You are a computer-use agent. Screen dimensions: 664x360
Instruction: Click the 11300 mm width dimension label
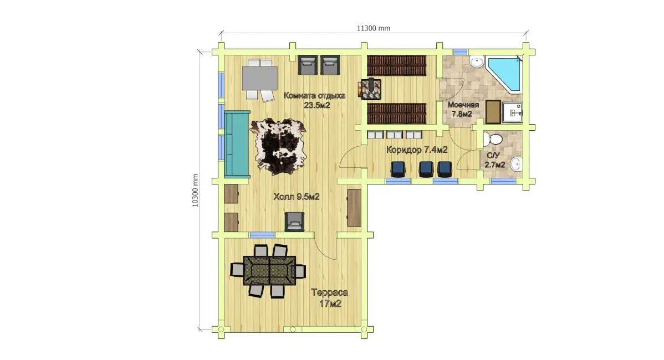374,28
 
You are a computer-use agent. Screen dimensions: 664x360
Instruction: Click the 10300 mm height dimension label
195,191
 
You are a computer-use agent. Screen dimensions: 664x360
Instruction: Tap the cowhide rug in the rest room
278,146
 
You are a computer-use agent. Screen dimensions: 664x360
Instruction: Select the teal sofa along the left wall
237,144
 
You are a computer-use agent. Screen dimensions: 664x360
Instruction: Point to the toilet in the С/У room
493,139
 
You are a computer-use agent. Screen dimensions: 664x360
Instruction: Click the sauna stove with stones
371,89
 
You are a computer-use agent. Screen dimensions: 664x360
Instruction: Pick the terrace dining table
269,271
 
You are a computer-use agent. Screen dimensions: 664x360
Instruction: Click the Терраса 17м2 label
329,298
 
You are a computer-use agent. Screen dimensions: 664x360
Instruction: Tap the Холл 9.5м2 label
297,197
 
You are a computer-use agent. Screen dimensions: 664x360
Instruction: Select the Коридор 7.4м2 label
417,150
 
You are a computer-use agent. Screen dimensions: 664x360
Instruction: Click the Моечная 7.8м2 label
463,109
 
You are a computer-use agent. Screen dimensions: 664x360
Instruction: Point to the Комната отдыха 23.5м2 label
315,100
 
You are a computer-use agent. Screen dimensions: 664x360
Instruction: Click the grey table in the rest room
259,78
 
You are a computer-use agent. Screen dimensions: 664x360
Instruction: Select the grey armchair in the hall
295,221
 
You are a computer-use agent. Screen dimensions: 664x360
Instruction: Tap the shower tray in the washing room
512,112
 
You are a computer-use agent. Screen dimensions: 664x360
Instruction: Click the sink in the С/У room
516,164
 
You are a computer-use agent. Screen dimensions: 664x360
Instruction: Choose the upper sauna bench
396,65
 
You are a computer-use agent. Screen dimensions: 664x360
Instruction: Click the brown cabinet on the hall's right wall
354,208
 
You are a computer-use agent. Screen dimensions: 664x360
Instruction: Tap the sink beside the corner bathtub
477,63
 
